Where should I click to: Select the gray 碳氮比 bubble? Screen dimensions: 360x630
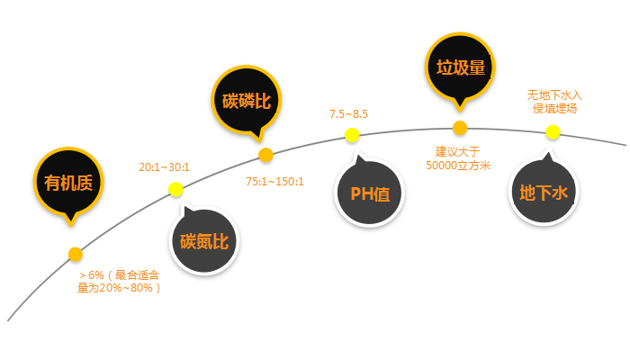[x=204, y=240]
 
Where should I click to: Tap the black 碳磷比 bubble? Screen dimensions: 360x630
[x=246, y=99]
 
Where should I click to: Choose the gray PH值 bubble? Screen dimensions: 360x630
[x=369, y=193]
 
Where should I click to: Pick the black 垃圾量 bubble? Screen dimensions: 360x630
[x=461, y=67]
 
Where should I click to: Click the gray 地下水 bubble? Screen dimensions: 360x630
[x=544, y=192]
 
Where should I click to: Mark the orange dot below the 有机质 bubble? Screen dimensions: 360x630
[x=75, y=254]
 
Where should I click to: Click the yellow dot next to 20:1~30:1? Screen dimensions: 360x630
[x=175, y=189]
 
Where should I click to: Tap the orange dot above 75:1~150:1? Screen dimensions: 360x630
[x=265, y=155]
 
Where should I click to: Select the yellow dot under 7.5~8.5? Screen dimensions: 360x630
[x=352, y=135]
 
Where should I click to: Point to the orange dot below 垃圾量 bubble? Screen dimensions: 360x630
[x=460, y=128]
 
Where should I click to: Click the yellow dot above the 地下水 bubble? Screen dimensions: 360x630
[x=553, y=132]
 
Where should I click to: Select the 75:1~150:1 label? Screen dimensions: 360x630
[x=274, y=182]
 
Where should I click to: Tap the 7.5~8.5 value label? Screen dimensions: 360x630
[x=348, y=114]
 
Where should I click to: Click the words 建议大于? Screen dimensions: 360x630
[x=459, y=151]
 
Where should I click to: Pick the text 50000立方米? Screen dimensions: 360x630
[x=458, y=165]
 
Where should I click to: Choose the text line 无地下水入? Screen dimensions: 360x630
[x=554, y=95]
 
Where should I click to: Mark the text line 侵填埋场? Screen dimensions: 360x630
[x=554, y=109]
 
